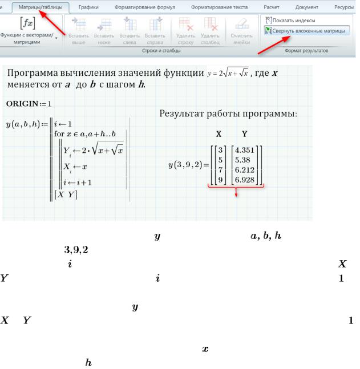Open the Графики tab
point(90,7)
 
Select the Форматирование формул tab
point(145,7)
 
